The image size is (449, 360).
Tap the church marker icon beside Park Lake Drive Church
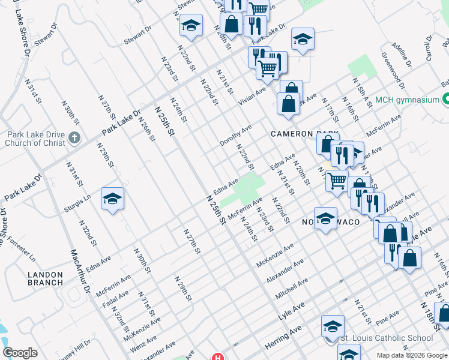tap(74, 139)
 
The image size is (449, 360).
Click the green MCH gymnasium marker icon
tap(445, 99)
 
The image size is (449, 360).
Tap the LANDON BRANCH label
tap(45, 278)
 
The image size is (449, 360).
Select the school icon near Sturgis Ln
tap(112, 199)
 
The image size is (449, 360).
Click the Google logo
tap(20, 353)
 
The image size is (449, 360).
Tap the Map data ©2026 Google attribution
tap(412, 355)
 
